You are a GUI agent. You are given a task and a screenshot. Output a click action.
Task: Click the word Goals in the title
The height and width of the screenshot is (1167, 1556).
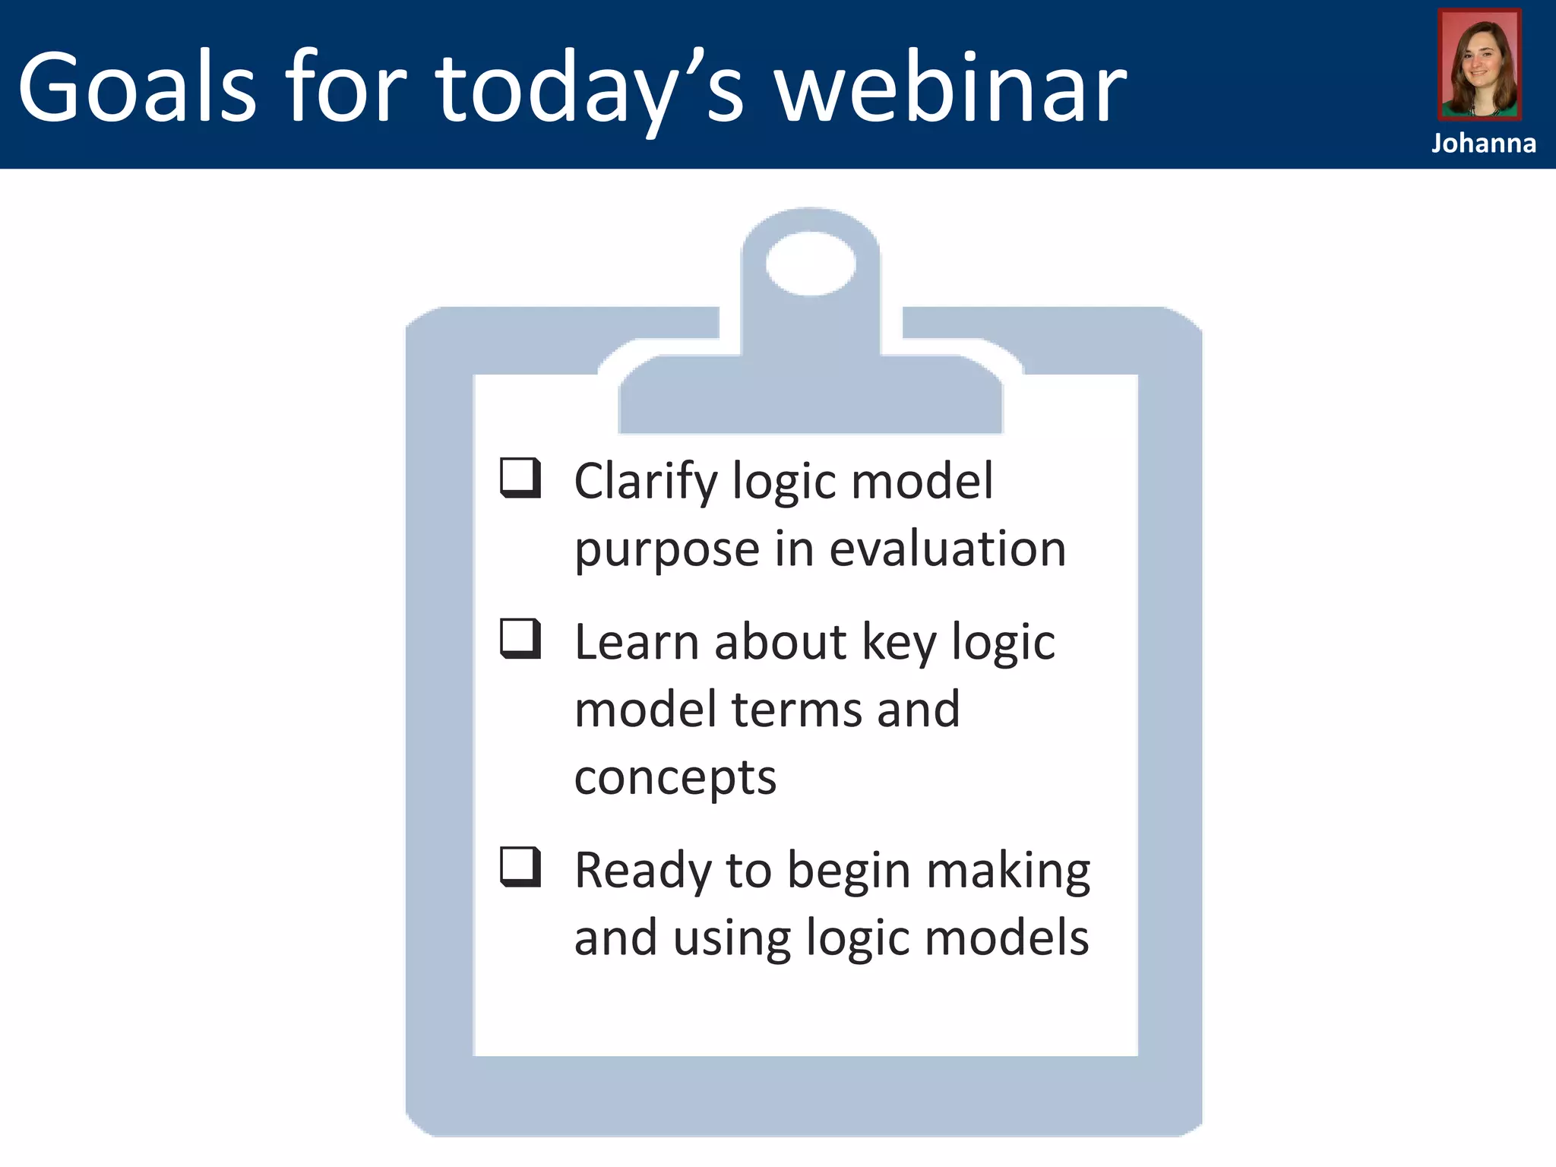click(137, 87)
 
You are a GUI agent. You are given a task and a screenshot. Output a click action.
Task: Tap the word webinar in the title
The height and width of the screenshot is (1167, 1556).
click(950, 87)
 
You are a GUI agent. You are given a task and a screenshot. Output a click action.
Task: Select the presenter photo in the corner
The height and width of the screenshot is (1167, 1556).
click(1479, 65)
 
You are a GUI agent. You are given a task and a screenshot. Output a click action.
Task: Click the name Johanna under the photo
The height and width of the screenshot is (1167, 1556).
click(1483, 144)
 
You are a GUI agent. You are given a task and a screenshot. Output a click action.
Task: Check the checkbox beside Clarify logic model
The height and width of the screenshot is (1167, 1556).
click(520, 477)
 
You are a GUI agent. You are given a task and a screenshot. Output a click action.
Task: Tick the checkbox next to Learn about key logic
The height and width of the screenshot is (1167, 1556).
click(520, 638)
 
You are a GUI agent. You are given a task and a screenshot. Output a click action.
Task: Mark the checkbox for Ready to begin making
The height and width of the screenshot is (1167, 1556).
click(520, 867)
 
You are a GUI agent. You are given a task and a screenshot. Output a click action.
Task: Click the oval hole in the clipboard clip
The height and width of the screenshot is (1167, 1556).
click(811, 263)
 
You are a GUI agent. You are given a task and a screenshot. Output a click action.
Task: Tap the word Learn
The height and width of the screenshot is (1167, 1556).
click(636, 642)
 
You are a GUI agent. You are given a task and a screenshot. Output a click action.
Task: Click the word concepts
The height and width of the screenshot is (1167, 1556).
click(675, 779)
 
